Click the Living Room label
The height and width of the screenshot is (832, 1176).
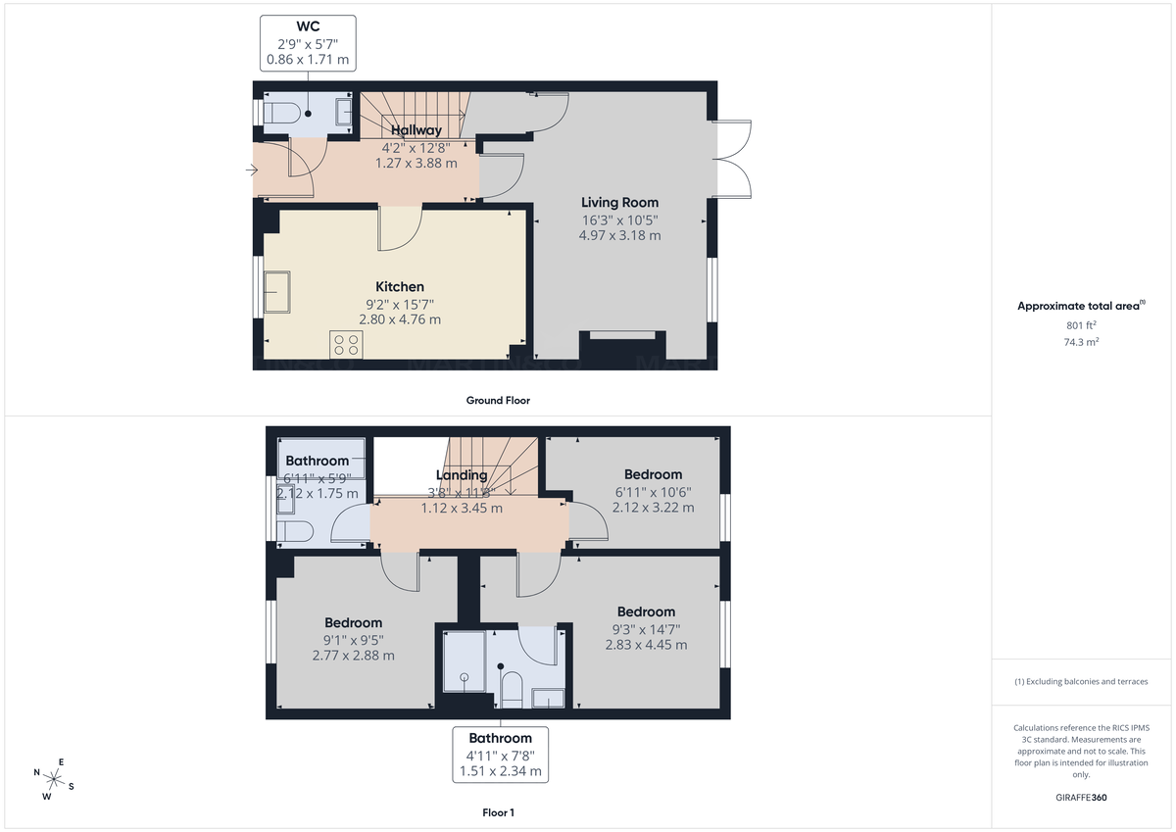pyautogui.click(x=619, y=203)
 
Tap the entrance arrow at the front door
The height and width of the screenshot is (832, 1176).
pyautogui.click(x=251, y=170)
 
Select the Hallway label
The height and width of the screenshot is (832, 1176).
pyautogui.click(x=416, y=130)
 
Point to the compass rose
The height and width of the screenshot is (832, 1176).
pyautogui.click(x=54, y=780)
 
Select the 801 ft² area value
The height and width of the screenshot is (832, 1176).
pyautogui.click(x=1080, y=325)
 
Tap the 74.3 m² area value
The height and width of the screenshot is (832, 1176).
pyautogui.click(x=1080, y=342)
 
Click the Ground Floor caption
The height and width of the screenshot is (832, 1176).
pyautogui.click(x=498, y=400)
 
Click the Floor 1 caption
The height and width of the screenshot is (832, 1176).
pyautogui.click(x=498, y=812)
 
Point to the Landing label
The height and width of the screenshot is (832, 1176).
pyautogui.click(x=462, y=475)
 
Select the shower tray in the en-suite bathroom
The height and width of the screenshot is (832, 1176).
pyautogui.click(x=465, y=661)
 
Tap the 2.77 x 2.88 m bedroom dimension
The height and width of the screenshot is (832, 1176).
pyautogui.click(x=354, y=656)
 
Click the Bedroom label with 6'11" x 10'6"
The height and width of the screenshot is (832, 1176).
pyautogui.click(x=653, y=474)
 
